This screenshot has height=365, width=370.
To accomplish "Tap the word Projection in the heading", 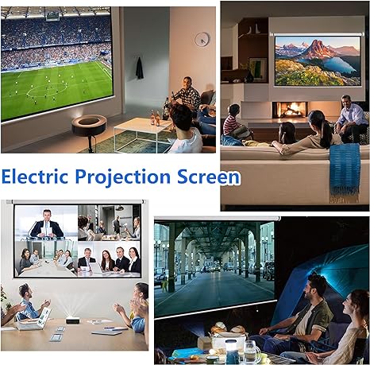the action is pos(123,177).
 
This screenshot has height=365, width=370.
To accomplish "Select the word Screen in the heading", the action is pos(208,177).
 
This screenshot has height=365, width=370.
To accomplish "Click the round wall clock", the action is pos(202,39).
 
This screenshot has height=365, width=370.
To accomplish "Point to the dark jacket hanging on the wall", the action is pos(140,68).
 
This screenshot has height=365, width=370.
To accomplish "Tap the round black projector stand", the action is pos(90,126).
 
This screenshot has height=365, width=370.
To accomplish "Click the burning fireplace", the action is pos(290,110).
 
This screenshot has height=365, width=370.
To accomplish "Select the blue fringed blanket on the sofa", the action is pos(345,173).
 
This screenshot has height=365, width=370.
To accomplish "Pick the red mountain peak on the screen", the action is pos(318,49).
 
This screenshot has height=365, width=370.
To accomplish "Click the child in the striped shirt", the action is pos(233,121).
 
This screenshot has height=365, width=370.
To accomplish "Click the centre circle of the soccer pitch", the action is pos(47,90).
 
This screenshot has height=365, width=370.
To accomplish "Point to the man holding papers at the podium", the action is pos(47,224).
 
